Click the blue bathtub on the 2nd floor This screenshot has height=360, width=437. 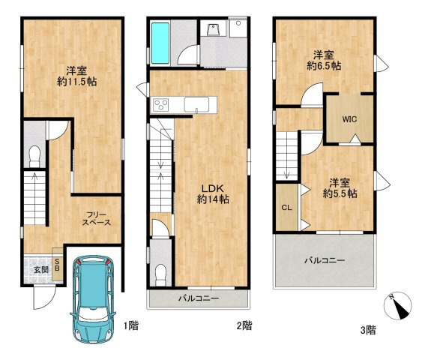tap(160, 43)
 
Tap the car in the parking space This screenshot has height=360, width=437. tap(92, 299)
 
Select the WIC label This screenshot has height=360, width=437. tap(349, 119)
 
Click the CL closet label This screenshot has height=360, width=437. tap(286, 208)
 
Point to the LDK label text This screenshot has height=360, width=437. tap(213, 188)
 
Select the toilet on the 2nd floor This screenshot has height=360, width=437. tap(160, 275)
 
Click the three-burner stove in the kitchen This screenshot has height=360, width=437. tap(161, 105)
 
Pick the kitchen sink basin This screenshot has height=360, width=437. tap(196, 105)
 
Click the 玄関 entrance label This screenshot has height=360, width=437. tap(41, 270)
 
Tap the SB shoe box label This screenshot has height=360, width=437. tap(57, 265)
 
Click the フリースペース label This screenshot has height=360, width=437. tap(97, 218)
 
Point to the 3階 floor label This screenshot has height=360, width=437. tap(368, 330)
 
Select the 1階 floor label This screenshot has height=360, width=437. tap(131, 325)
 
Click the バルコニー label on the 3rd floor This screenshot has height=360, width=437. tap(325, 261)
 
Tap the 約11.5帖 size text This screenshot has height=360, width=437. tap(77, 82)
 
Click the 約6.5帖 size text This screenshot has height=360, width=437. tap(324, 66)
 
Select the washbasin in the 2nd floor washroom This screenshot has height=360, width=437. tap(214, 30)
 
